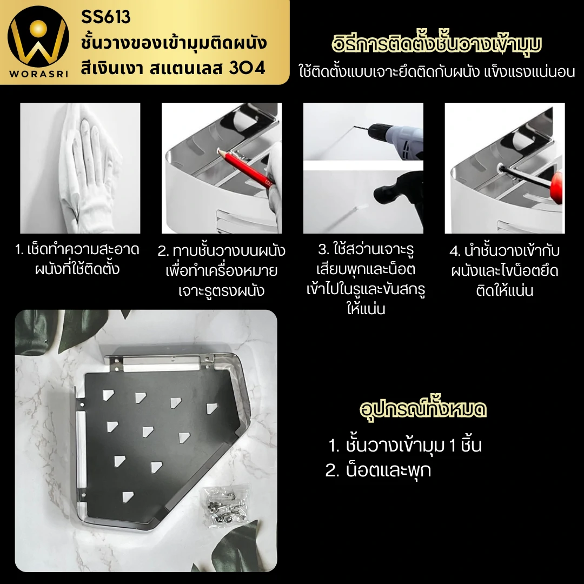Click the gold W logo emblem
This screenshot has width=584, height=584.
tap(38, 37)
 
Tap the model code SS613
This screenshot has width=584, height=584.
tap(106, 17)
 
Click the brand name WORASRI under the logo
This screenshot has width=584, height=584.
tap(39, 74)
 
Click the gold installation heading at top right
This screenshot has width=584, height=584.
tap(436, 44)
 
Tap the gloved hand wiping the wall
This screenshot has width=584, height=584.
tap(90, 164)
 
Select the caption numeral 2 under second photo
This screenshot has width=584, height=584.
tap(163, 251)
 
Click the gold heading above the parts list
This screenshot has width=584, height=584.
tap(423, 409)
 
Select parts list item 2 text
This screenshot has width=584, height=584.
tap(378, 470)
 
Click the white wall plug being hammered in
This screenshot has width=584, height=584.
tap(360, 207)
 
